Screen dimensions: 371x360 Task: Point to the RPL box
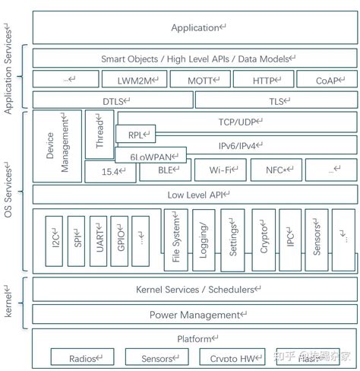click(136, 135)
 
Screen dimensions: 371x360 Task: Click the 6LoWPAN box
click(150, 155)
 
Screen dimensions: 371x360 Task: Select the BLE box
click(165, 171)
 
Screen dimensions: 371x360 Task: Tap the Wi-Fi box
click(220, 171)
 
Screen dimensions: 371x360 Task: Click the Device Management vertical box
click(56, 144)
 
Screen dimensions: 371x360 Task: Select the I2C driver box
click(53, 240)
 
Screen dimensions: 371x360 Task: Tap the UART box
click(97, 240)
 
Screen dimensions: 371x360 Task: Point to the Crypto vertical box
click(263, 240)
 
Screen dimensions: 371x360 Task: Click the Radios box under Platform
click(81, 357)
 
